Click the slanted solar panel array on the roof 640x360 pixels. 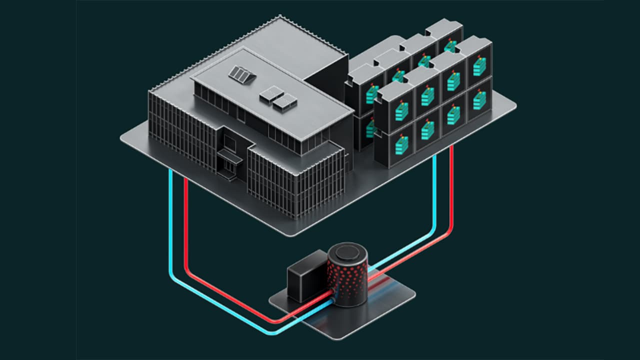pos(242,75)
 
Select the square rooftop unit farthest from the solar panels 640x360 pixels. pos(285,102)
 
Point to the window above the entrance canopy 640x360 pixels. pos(231,142)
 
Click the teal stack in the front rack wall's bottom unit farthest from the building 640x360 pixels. pos(479,100)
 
